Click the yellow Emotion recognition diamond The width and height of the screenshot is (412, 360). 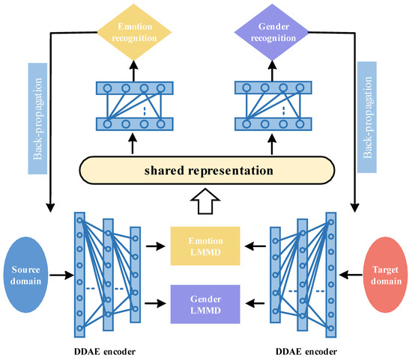(x=131, y=29)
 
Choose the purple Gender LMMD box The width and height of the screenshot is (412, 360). (x=204, y=303)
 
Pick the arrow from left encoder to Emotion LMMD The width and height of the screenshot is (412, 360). (x=156, y=245)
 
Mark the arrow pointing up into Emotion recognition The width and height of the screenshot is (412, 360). (x=131, y=67)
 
